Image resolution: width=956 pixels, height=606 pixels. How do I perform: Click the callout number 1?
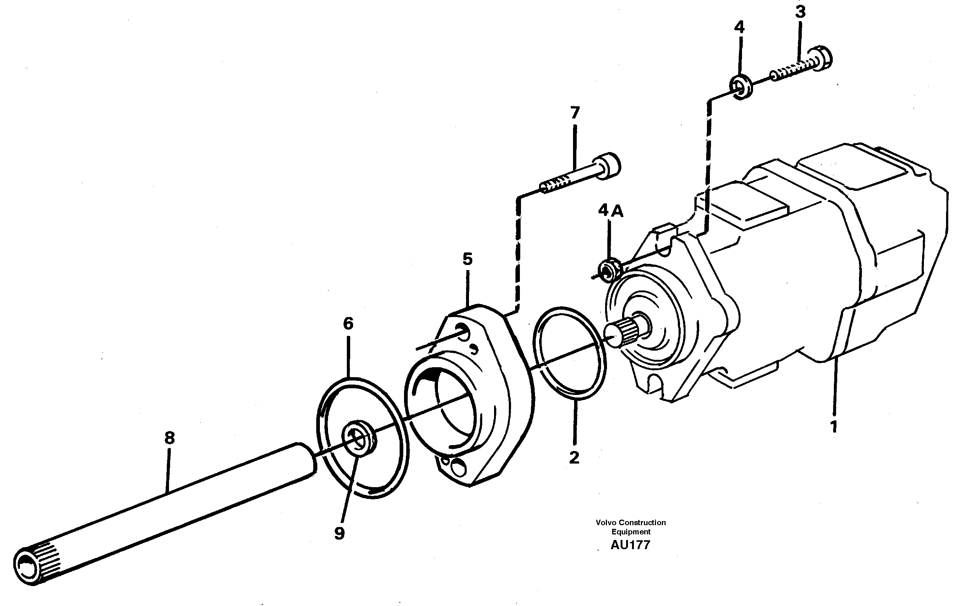(834, 427)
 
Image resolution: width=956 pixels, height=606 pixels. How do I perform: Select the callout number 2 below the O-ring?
(574, 458)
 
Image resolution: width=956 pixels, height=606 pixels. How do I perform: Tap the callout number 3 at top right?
(800, 12)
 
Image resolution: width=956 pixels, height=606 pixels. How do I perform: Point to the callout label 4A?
(611, 210)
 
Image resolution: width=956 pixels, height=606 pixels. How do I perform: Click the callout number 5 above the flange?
(468, 259)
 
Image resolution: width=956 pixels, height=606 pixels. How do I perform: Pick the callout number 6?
(348, 324)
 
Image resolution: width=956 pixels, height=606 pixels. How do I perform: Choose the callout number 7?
(575, 113)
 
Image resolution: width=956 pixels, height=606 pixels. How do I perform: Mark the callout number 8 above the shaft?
(169, 438)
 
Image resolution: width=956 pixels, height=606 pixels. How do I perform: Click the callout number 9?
(339, 534)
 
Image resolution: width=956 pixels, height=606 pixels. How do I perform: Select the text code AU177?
(630, 545)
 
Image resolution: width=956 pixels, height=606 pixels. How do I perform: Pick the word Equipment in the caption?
(631, 532)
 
